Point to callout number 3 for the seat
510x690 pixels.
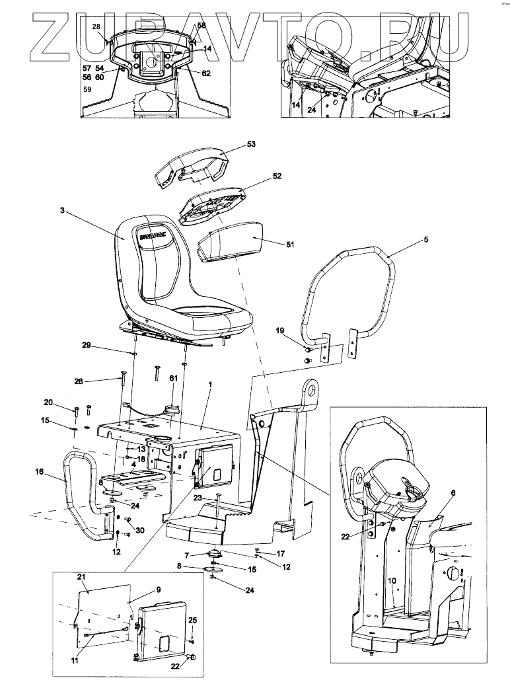pyautogui.click(x=61, y=211)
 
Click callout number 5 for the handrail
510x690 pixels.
pyautogui.click(x=425, y=239)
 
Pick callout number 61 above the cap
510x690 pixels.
pyautogui.click(x=174, y=377)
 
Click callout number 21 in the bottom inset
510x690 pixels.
pyautogui.click(x=82, y=577)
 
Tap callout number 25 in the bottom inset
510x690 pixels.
pyautogui.click(x=192, y=620)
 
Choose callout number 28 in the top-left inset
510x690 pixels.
pyautogui.click(x=96, y=26)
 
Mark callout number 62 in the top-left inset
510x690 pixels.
pyautogui.click(x=206, y=73)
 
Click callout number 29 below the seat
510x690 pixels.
pyautogui.click(x=86, y=345)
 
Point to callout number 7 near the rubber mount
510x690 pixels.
pyautogui.click(x=187, y=555)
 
